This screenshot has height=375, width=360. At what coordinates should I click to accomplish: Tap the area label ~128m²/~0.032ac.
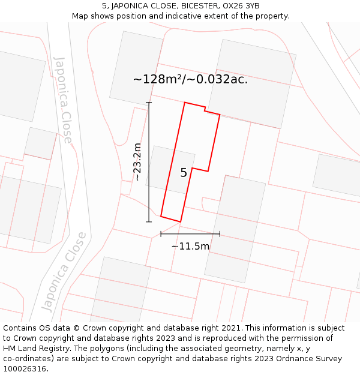pyautogui.click(x=190, y=79)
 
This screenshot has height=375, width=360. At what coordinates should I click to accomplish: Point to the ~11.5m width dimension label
pyautogui.click(x=190, y=246)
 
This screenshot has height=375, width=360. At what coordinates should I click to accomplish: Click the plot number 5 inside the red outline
pyautogui.click(x=184, y=173)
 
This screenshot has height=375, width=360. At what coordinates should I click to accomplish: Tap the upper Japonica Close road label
pyautogui.click(x=63, y=100)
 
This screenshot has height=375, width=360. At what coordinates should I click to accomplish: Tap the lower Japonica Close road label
pyautogui.click(x=64, y=271)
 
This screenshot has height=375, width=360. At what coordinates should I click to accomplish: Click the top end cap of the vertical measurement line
pyautogui.click(x=149, y=103)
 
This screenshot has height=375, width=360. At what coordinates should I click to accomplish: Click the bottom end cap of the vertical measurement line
pyautogui.click(x=149, y=222)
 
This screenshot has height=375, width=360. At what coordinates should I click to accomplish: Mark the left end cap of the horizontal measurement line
pyautogui.click(x=161, y=234)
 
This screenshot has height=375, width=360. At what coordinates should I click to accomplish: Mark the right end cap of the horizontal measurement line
pyautogui.click(x=220, y=234)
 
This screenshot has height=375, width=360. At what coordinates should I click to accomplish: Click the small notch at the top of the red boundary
pyautogui.click(x=205, y=109)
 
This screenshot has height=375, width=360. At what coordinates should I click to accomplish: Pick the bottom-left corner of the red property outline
pyautogui.click(x=161, y=216)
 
